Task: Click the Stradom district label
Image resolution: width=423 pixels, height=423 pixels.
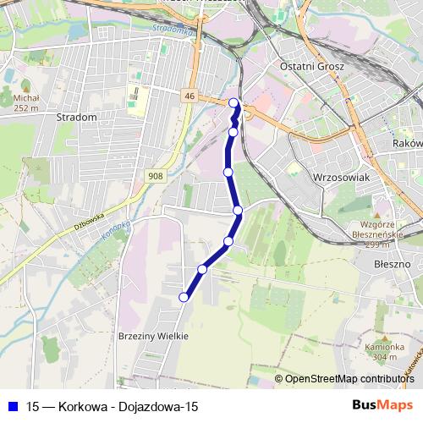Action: (x=76, y=117)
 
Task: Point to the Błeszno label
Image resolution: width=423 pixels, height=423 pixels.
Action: (x=393, y=264)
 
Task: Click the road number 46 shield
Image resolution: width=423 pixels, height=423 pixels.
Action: (x=189, y=97)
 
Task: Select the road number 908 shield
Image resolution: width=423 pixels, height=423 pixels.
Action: (x=155, y=176)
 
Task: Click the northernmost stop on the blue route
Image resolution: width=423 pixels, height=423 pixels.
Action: (x=234, y=103)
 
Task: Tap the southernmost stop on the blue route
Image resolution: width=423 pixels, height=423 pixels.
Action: (x=184, y=297)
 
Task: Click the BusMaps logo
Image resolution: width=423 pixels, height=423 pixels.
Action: (x=383, y=405)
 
